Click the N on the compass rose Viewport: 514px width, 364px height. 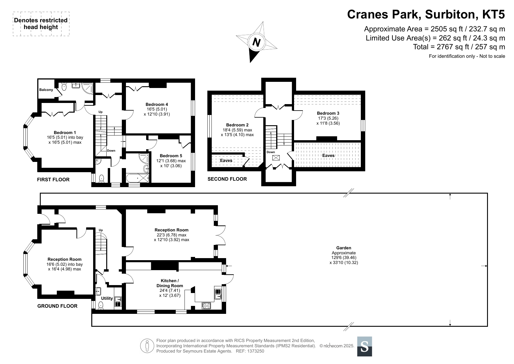257,43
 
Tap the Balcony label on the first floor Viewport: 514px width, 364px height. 46,90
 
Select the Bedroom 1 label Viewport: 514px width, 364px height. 65,133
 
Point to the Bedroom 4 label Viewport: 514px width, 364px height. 157,104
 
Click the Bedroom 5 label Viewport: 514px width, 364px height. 171,156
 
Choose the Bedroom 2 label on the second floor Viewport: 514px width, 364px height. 237,125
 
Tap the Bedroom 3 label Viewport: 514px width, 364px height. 328,113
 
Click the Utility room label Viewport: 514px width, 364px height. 107,298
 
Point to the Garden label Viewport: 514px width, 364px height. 344,248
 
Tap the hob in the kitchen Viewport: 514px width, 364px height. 206,306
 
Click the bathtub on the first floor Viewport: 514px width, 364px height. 138,178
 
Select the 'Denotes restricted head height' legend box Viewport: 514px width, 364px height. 41,24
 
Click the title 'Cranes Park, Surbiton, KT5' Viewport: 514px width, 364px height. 426,14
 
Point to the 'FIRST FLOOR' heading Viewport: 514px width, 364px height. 53,180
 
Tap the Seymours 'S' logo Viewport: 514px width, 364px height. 365,346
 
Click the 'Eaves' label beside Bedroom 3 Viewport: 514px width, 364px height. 328,155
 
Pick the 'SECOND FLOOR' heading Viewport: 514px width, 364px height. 227,179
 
